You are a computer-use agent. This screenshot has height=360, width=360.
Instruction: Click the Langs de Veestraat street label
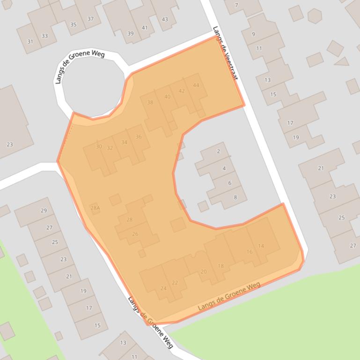coord(225,52)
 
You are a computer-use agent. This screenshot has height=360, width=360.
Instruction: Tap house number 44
coord(196,85)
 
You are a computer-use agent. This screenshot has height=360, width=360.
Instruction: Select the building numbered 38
coord(150,102)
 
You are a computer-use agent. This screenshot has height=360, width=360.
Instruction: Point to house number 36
coord(139,137)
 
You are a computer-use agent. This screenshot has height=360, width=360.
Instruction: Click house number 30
coord(99,146)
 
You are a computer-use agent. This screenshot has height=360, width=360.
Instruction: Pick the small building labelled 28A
coord(95,208)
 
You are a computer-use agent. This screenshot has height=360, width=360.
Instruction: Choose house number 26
coord(135,234)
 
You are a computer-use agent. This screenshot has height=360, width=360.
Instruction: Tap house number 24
coord(163,288)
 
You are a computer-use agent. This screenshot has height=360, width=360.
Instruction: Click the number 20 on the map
coord(203,272)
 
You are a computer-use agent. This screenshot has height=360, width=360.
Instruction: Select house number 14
coord(261,246)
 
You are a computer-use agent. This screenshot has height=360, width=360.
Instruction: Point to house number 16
coord(250,252)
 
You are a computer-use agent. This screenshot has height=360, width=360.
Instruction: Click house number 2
coord(218,151)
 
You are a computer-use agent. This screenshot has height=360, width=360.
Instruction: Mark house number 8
coord(235,197)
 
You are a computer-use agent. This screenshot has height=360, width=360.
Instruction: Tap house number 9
coord(253,34)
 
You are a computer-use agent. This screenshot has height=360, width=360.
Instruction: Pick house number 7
coord(236,6)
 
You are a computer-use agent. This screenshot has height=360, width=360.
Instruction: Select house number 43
coord(164,19)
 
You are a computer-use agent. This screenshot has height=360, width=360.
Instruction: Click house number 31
coord(30,41)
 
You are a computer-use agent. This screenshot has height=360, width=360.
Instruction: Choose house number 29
coord(44,210)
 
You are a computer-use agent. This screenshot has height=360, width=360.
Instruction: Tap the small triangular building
coord(342,61)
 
